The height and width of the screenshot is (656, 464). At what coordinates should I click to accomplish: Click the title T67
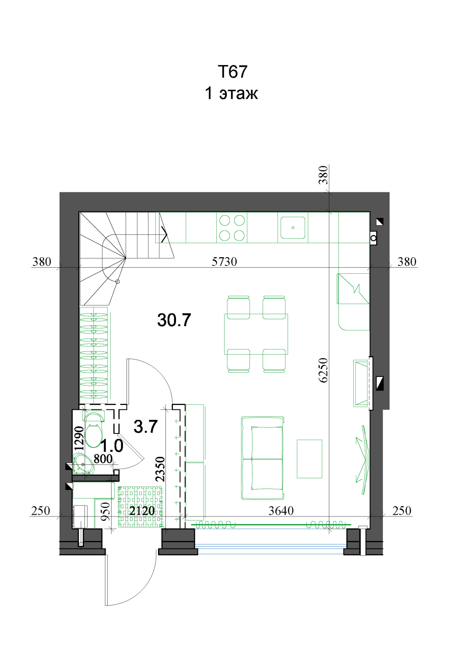coord(232,71)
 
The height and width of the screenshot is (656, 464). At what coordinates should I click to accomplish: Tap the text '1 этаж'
coord(231,94)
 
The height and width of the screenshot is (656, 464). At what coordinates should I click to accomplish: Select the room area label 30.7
coord(174,320)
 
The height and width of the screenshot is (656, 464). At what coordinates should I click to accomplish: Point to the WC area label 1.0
coord(112,446)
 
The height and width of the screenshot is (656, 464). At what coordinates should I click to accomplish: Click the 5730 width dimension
coord(224,262)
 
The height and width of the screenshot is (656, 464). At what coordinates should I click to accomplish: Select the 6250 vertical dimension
coord(323,370)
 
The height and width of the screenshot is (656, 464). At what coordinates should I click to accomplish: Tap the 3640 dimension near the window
coord(281,511)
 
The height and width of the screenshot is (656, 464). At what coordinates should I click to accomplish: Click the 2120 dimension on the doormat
coord(142,511)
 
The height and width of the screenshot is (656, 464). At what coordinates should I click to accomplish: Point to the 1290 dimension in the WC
coord(79,438)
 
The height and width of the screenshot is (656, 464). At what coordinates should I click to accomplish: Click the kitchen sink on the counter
coord(292,227)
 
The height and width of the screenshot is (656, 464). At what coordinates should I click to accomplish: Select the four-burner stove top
coord(232,228)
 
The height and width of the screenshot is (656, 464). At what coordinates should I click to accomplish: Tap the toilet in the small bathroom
coord(94,429)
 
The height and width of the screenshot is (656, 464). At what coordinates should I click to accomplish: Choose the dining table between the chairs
coord(256,334)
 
